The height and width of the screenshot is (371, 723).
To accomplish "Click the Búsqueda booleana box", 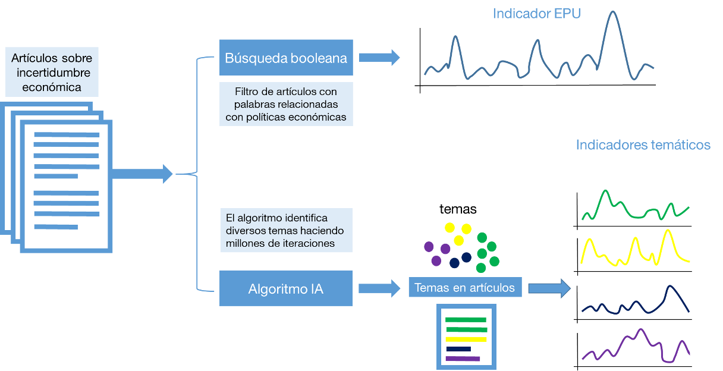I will (286, 58).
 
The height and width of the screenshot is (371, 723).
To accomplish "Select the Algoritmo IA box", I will (286, 289).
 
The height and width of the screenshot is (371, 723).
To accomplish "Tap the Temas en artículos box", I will (464, 288).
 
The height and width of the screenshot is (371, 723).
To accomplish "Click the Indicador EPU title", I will (536, 13).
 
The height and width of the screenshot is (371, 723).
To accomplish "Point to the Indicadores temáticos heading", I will (643, 145).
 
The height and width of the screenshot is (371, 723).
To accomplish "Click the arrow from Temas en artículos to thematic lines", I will (549, 288).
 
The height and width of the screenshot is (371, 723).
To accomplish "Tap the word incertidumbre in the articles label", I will (51, 73).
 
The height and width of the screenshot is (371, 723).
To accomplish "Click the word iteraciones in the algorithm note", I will (309, 243).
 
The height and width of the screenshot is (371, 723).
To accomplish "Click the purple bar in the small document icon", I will (463, 359).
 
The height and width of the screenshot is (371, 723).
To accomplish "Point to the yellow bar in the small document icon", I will (466, 339).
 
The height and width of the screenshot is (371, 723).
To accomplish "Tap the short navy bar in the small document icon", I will (458, 349).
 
